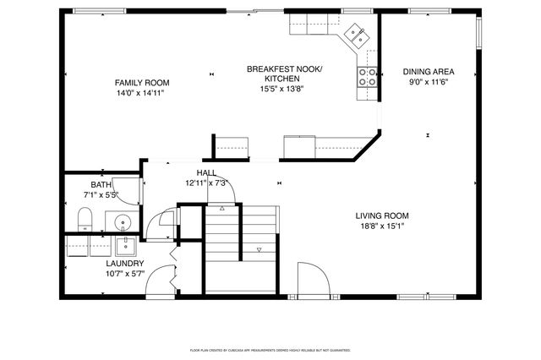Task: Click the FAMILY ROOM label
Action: [x=142, y=83]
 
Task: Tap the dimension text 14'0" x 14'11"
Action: [x=142, y=93]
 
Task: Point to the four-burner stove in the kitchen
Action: [x=369, y=78]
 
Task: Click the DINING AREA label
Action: [x=428, y=73]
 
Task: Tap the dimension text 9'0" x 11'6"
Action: [x=428, y=83]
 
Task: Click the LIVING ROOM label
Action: [x=382, y=215]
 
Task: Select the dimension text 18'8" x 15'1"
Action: [x=382, y=226]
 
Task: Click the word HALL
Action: [x=207, y=172]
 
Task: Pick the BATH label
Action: [x=101, y=185]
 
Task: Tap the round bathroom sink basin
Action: [x=123, y=224]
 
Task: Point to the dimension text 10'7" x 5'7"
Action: [x=123, y=273]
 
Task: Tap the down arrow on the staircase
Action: [x=260, y=249]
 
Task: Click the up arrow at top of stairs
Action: [x=222, y=206]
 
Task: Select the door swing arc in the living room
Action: [x=311, y=277]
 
